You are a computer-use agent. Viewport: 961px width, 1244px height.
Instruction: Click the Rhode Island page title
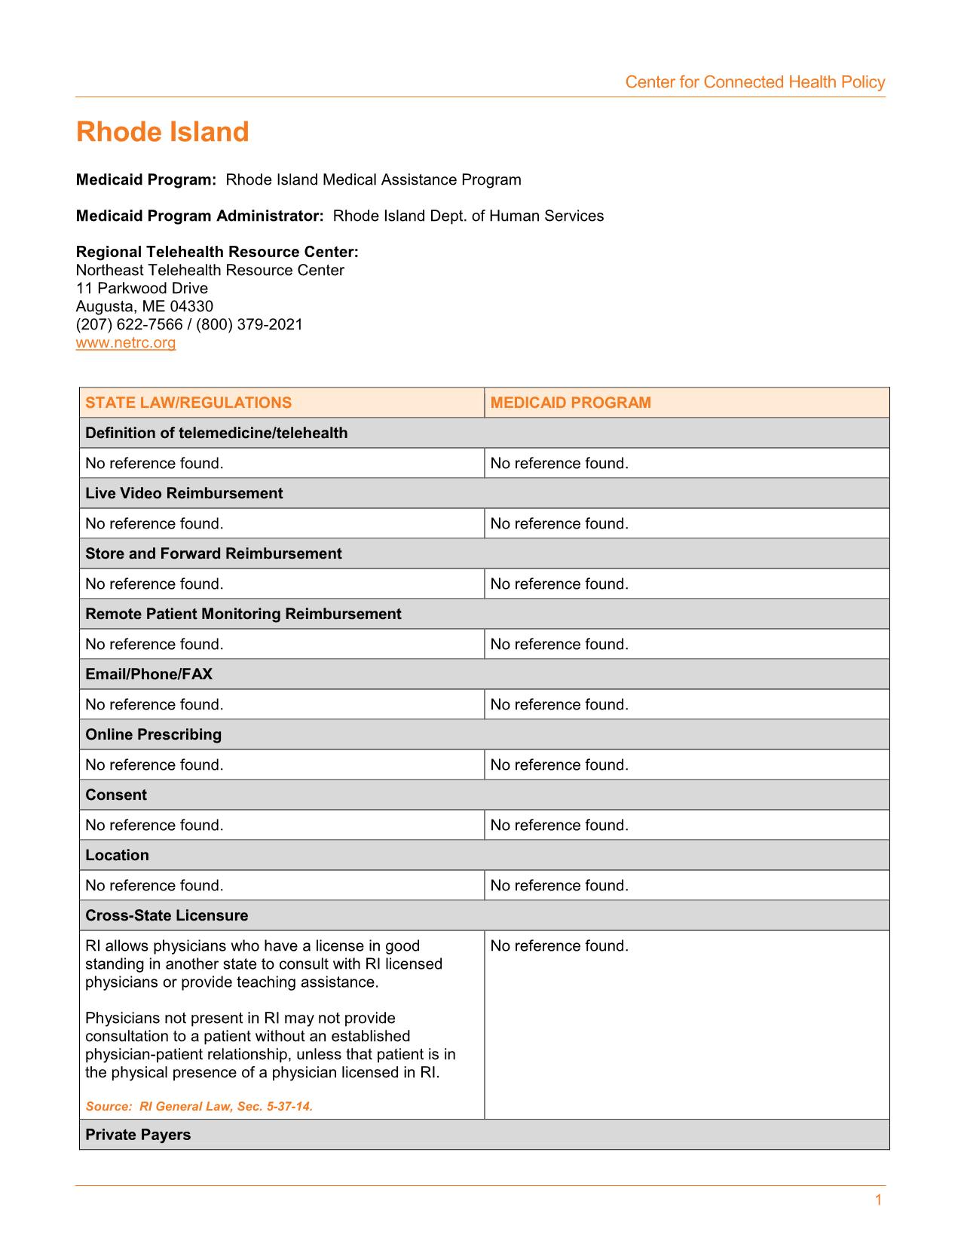coord(162,132)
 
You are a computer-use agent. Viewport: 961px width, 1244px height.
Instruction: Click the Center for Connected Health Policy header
coord(754,82)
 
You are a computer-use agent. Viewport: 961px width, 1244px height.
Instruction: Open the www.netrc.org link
coord(126,343)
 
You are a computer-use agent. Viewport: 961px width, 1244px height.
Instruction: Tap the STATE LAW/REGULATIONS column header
coord(188,403)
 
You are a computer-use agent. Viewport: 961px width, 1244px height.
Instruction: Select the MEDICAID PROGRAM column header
coord(571,403)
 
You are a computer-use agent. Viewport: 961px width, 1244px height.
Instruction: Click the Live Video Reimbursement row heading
coord(184,493)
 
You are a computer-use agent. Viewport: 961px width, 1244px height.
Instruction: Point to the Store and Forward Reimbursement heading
coord(213,553)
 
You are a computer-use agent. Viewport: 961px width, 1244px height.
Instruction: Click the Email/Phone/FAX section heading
coord(148,674)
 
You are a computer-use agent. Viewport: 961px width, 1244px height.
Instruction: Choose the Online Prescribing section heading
coord(153,734)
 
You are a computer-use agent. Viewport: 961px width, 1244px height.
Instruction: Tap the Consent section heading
coord(116,795)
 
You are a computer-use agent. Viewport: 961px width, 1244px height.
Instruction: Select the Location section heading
coord(117,855)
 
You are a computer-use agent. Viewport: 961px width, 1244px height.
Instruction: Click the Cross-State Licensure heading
coord(167,915)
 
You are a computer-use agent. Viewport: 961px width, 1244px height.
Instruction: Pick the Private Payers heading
coord(138,1135)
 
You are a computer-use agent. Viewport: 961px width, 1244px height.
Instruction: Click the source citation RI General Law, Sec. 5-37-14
coord(199,1106)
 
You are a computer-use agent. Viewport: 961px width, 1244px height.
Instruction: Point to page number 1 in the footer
coord(878,1200)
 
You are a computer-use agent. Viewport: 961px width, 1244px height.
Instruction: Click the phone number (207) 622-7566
coord(129,325)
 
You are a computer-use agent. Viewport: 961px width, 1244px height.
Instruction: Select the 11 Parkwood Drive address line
coord(142,289)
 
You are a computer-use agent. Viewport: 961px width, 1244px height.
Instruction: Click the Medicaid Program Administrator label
coord(200,216)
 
